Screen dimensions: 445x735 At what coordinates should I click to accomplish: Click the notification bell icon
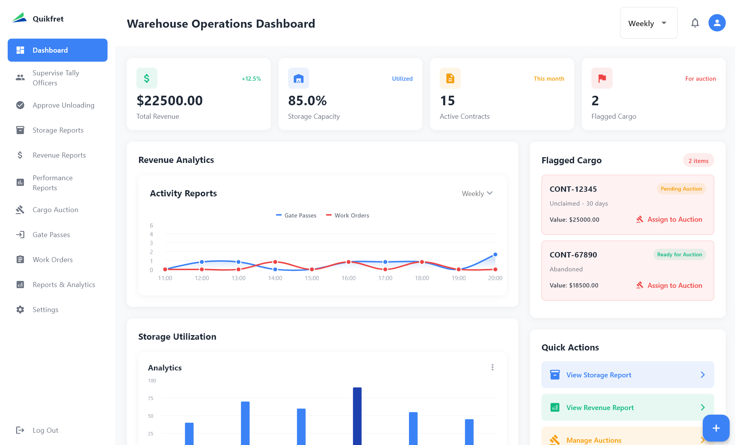(x=695, y=23)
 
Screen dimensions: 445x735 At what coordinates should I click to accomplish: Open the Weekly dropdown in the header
(x=648, y=23)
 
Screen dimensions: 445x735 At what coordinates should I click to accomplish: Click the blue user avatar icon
(x=717, y=23)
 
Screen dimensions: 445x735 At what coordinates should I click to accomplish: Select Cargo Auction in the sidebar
(x=55, y=210)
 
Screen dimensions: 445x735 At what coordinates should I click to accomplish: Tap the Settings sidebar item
(x=45, y=310)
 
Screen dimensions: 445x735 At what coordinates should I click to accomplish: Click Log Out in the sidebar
(x=45, y=430)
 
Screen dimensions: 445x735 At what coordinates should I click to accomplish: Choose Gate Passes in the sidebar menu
(x=51, y=235)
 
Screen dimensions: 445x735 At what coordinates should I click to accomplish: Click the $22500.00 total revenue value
(x=169, y=101)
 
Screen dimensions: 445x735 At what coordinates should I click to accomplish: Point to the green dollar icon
(x=147, y=78)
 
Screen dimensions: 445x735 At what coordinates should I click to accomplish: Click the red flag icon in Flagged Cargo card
(x=602, y=78)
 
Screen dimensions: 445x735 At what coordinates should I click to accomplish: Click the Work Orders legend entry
(x=348, y=216)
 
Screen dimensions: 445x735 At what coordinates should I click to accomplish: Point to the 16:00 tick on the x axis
(x=348, y=278)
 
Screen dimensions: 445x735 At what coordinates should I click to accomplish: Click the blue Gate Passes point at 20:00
(x=495, y=255)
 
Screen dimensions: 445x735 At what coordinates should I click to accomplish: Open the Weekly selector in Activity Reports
(x=477, y=194)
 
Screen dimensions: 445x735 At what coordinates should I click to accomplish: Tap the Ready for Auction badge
(x=679, y=255)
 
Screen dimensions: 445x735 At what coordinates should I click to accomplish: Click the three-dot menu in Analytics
(x=492, y=367)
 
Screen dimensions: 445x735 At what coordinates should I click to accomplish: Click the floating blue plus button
(x=716, y=428)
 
